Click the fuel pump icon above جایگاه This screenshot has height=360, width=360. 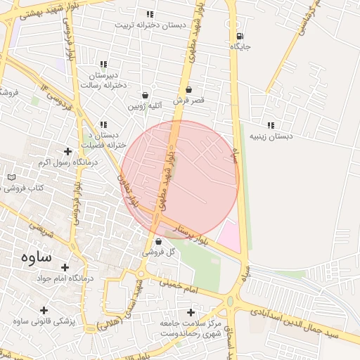pos(240,36)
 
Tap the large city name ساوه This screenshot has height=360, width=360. pos(28,257)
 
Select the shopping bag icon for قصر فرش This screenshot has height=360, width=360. pos(189,90)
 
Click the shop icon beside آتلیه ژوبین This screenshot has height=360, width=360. pos(145,95)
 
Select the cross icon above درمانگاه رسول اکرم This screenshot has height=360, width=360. pos(67,151)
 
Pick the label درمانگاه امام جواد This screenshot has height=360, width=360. pos(64,278)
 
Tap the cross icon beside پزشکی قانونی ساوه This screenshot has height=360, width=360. pos(44,310)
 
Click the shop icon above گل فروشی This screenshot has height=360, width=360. pos(157,241)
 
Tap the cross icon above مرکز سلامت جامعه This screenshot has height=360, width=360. pos(190,311)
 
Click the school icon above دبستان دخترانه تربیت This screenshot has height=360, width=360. pos(150,14)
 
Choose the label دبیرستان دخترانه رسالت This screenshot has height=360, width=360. pos(107,79)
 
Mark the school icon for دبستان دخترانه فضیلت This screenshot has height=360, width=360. pos(103,124)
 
